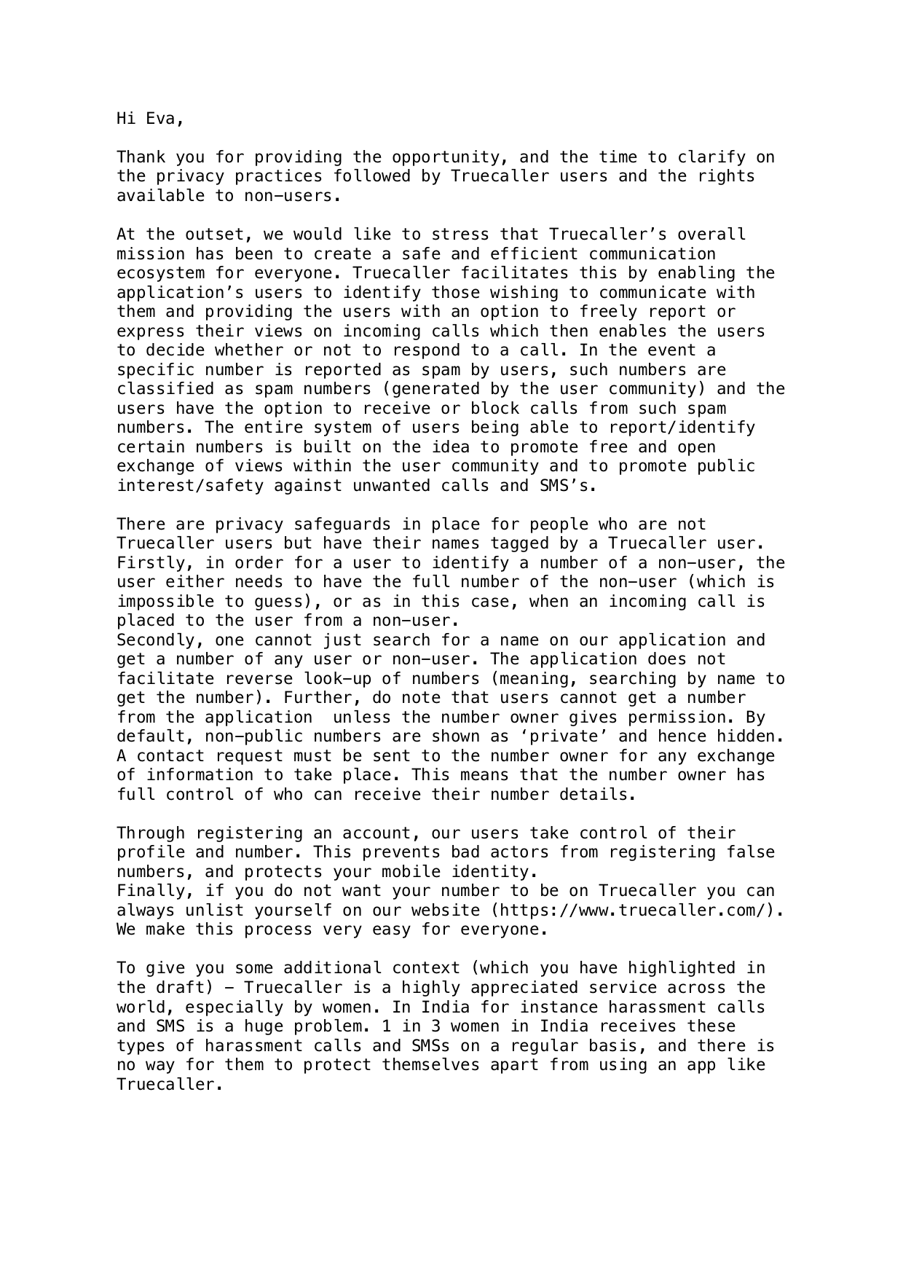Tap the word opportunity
[456, 157]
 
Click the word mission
[151, 254]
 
